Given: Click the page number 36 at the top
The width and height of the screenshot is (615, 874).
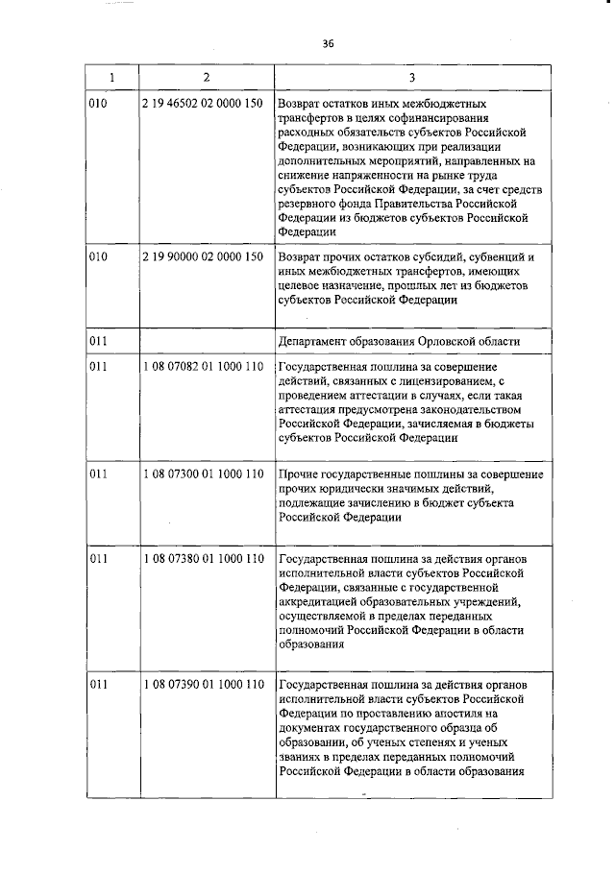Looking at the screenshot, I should coord(328,43).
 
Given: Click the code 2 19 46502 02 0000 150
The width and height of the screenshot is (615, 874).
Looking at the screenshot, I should coord(202,104).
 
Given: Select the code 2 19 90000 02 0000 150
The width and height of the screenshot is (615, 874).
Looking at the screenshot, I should coord(202,258).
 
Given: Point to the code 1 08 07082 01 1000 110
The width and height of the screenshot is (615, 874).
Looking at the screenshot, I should coord(202,369).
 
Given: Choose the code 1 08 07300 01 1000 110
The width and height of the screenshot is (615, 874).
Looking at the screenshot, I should coord(202,474).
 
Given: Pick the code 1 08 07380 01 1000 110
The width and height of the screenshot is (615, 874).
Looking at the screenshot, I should coord(202,559).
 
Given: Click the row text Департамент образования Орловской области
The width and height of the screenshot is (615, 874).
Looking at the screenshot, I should coord(399,342).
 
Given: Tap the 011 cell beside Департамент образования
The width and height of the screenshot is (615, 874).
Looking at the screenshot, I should coord(98,342).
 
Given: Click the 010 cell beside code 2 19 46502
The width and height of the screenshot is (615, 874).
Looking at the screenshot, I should coord(98,104).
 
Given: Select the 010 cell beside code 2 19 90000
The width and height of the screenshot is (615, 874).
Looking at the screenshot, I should coord(98,258).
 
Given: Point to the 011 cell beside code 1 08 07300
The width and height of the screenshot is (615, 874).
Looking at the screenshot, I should coord(98,474).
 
